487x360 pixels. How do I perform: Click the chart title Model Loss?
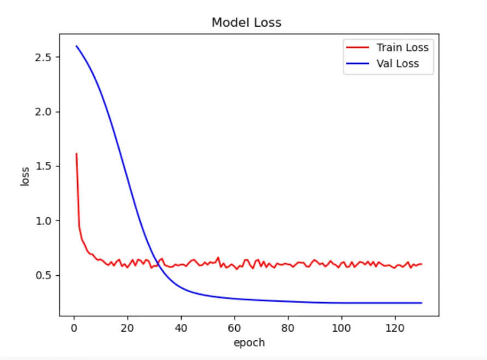click(246, 23)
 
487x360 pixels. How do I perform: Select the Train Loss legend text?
click(402, 48)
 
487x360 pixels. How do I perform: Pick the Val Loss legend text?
click(398, 63)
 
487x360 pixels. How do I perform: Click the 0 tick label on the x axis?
click(74, 328)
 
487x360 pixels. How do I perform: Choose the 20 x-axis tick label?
click(127, 328)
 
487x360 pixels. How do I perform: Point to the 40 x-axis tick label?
click(181, 328)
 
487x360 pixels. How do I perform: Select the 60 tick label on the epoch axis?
click(235, 328)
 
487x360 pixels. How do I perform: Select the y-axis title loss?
click(25, 177)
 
